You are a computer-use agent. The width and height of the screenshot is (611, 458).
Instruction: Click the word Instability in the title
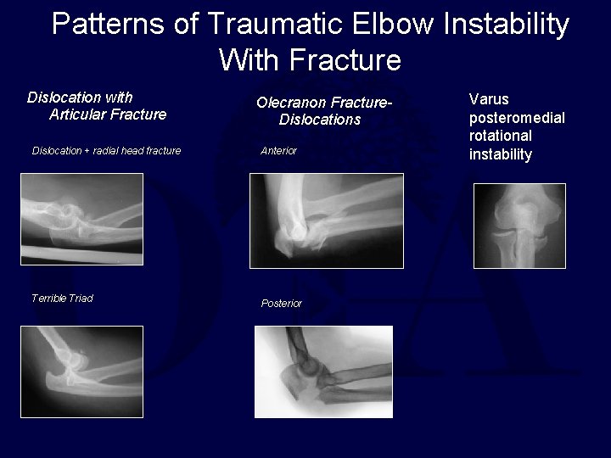[x=507, y=25]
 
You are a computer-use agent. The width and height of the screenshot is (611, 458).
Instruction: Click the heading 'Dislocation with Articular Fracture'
[x=96, y=106]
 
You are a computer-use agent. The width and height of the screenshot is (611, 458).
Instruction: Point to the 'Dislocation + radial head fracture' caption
[x=106, y=151]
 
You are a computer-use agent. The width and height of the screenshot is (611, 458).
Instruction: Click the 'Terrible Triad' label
[x=62, y=299]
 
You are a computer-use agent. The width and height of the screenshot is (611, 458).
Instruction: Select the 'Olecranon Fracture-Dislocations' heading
[x=325, y=111]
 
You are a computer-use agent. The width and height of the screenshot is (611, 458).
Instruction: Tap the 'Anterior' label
[x=278, y=151]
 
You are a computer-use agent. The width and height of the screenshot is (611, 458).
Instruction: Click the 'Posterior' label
[x=281, y=304]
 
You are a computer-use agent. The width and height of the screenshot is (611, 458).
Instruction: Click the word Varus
[x=489, y=99]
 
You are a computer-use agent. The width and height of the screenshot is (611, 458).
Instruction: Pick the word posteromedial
[x=517, y=118]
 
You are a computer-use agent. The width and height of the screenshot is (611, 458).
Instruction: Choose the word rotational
[x=500, y=136]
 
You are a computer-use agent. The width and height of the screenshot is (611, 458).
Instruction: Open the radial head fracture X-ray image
[x=81, y=219]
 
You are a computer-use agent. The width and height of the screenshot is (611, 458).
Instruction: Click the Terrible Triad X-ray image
[x=81, y=371]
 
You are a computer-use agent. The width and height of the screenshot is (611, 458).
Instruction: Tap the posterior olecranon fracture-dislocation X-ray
[x=323, y=371]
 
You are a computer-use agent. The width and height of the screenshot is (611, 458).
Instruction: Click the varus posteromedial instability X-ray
[x=519, y=226]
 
